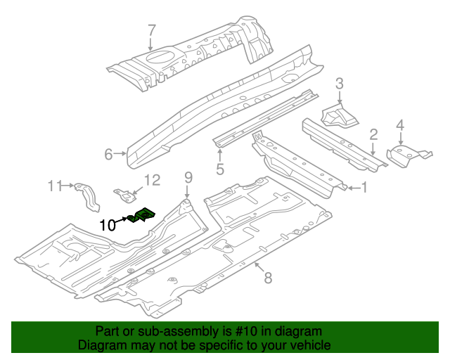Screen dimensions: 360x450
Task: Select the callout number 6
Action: click(109, 153)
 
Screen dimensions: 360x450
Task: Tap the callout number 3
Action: click(339, 84)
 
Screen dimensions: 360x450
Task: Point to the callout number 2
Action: click(374, 134)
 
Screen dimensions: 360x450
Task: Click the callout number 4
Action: click(400, 126)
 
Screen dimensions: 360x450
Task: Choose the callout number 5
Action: click(220, 169)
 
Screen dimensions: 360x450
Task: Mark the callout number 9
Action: click(188, 176)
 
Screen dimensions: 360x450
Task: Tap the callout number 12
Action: click(153, 181)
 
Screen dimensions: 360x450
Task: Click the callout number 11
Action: click(56, 186)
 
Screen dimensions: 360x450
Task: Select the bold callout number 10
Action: click(108, 225)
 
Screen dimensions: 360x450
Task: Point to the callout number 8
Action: click(267, 278)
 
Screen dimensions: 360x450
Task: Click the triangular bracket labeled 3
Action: click(337, 117)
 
